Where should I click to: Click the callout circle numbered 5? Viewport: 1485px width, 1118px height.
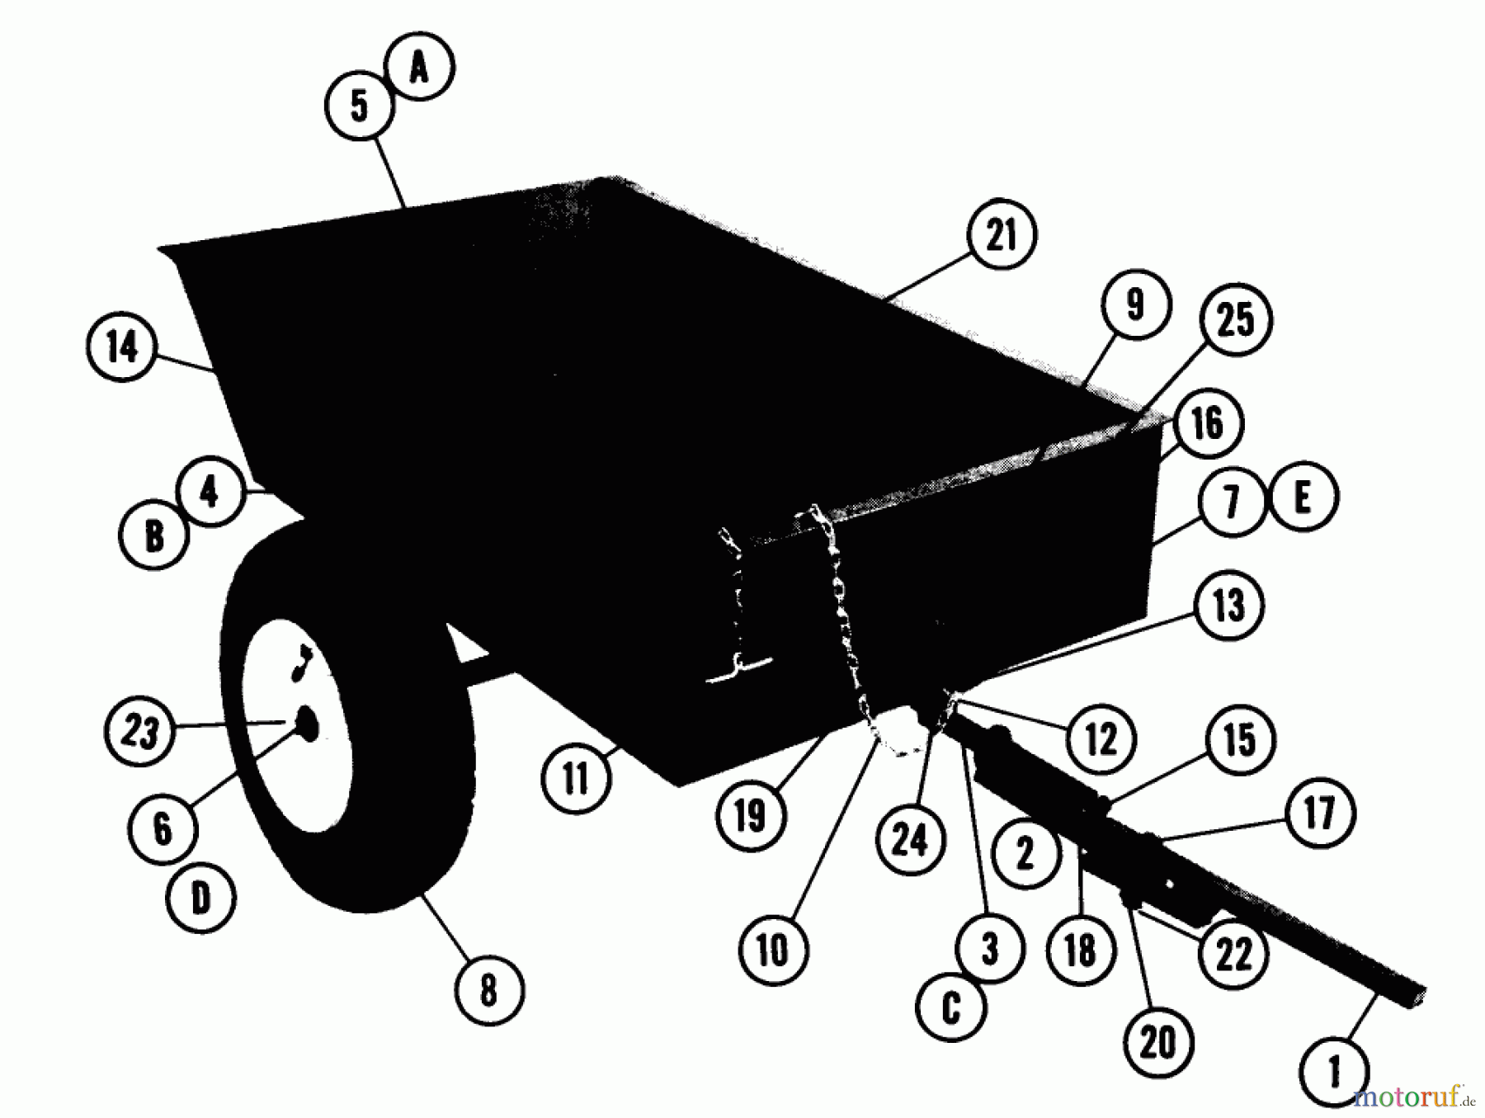360,106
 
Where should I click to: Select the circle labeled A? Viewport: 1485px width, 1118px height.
420,67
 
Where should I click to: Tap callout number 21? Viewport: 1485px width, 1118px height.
1002,235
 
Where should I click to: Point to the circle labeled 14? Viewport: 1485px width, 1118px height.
122,347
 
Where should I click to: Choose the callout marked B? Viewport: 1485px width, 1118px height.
154,535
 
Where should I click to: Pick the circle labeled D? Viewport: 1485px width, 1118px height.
201,898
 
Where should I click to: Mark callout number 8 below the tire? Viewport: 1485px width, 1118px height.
488,989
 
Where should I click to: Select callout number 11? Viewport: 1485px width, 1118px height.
577,778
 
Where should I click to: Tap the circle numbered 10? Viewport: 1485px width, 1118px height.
773,950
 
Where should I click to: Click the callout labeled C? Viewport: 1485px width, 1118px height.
951,1007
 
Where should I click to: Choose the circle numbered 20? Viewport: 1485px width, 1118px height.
1157,1042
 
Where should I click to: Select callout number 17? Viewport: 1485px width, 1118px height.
1319,812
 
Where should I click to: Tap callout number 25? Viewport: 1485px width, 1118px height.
1236,320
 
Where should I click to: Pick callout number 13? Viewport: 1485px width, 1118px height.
1228,606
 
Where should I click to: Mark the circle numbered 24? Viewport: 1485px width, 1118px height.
910,839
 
